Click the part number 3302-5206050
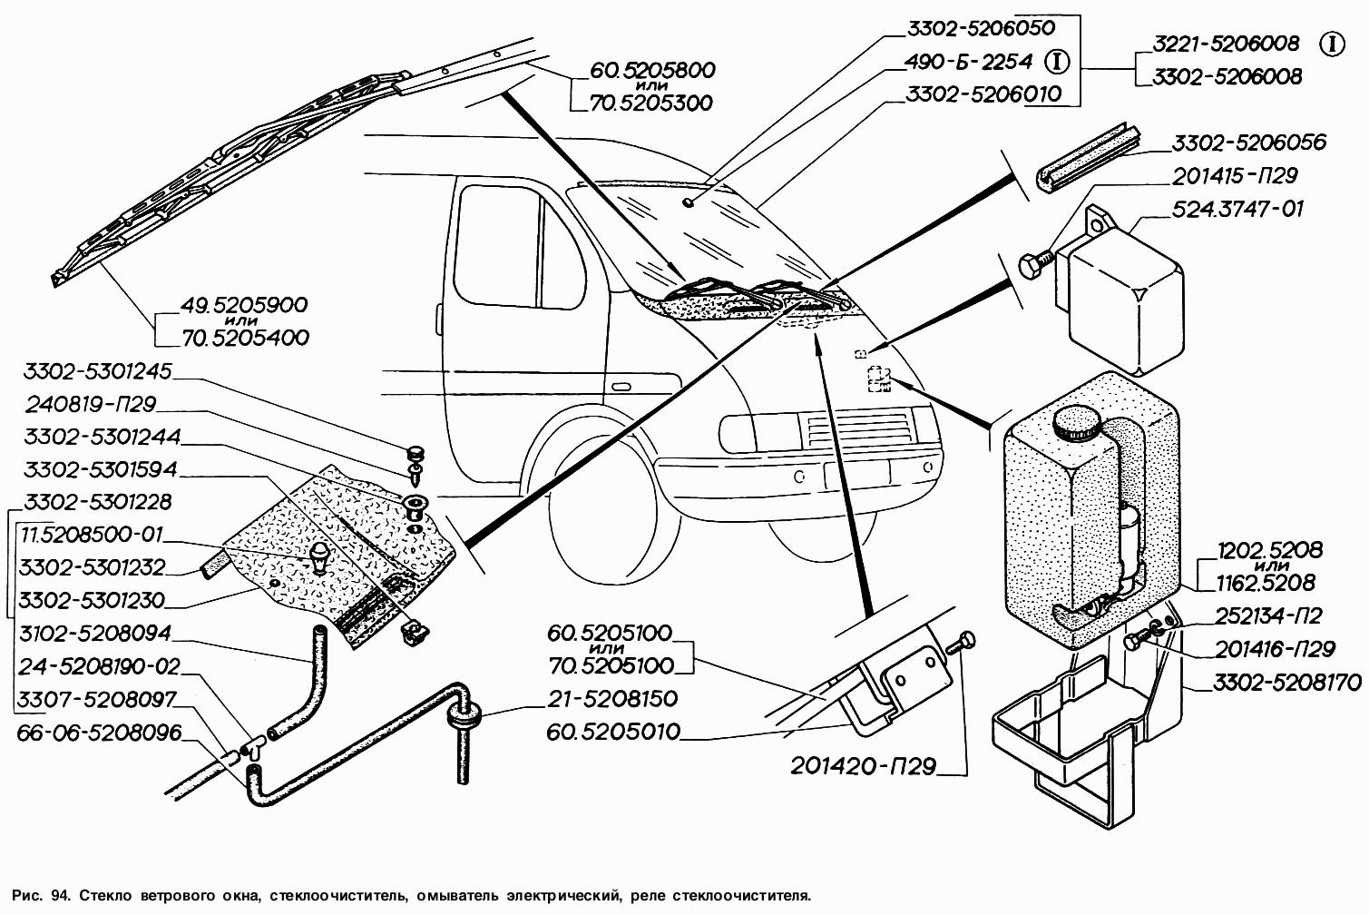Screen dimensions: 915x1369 click(982, 28)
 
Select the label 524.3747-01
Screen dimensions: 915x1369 click(1237, 209)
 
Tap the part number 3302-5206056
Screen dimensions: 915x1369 click(1248, 143)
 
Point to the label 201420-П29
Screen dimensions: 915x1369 click(863, 766)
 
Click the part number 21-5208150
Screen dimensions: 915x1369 click(612, 699)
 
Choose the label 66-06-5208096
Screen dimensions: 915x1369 click(100, 733)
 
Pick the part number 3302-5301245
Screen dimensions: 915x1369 click(98, 371)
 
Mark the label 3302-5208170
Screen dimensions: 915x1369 click(1287, 682)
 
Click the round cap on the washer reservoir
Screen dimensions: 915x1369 click(1077, 422)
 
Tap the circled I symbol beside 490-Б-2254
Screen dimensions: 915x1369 click(1057, 62)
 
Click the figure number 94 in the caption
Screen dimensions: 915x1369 click(61, 896)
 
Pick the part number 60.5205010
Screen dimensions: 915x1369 click(613, 732)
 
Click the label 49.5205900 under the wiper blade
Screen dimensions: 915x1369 click(244, 305)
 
